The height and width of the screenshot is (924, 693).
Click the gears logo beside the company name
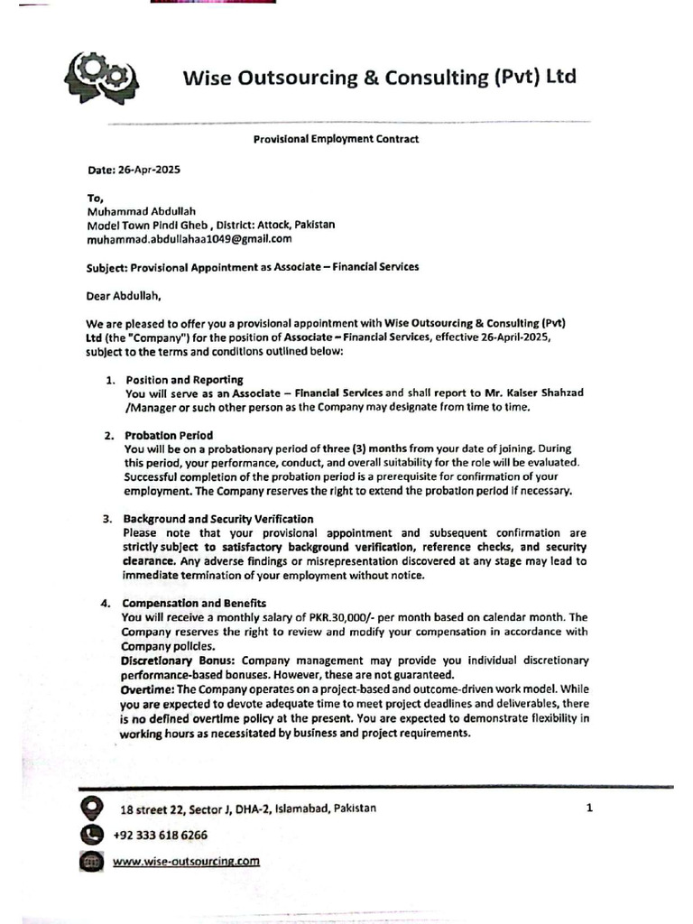(101, 78)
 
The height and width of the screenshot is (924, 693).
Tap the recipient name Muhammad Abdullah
(141, 211)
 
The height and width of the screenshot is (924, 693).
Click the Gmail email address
(189, 238)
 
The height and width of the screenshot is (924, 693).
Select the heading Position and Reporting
(184, 380)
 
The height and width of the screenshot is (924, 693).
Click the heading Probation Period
(169, 435)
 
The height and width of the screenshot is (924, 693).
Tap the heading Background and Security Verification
(218, 519)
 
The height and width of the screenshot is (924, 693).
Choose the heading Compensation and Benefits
(194, 603)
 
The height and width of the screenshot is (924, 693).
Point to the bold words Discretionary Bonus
(180, 661)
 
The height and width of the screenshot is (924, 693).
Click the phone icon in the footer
(91, 835)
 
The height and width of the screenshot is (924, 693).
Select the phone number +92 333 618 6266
(160, 836)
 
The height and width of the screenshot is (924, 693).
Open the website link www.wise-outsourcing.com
(186, 862)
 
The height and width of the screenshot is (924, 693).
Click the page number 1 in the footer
(589, 808)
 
